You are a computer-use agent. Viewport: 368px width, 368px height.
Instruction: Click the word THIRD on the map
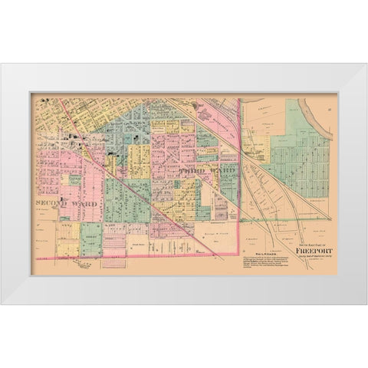[187, 172]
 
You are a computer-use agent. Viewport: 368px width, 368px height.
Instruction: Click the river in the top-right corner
[322, 115]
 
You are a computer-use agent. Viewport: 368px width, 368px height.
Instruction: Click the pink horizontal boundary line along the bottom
[153, 258]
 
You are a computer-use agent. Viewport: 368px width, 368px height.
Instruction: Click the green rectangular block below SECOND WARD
[90, 238]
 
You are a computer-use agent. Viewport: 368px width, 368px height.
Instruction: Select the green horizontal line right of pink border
[284, 220]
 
